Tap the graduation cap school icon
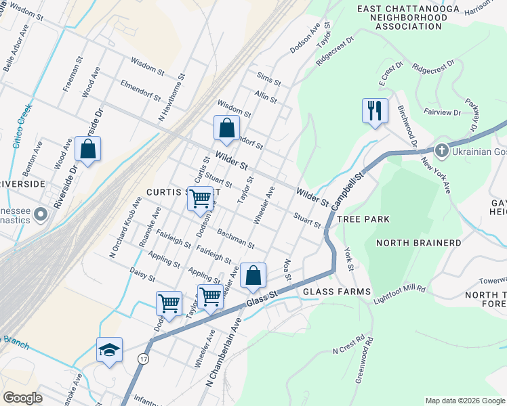[109, 349]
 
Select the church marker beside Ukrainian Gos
[441, 150]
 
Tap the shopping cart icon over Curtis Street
[200, 199]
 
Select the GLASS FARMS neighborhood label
[337, 292]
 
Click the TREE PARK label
[363, 219]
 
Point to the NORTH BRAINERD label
[419, 243]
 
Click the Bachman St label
[235, 238]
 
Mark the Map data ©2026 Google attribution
[464, 400]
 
